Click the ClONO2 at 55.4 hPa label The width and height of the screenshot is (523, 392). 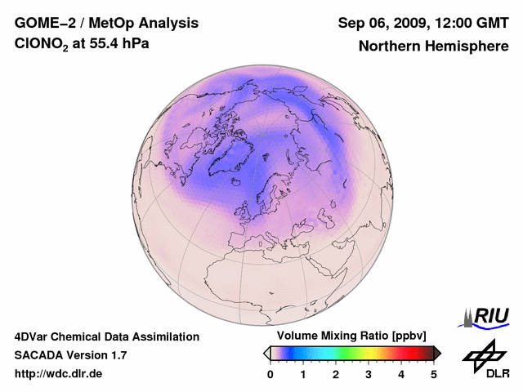[82, 44]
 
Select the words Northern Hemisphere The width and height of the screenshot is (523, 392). [433, 46]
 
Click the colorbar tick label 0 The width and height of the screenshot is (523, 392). [270, 374]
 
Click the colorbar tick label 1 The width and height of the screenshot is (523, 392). [303, 374]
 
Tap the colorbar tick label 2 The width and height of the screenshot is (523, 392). [336, 374]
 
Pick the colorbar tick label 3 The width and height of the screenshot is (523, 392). [369, 374]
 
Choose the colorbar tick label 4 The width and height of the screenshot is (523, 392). [401, 374]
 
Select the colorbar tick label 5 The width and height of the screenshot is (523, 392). [434, 374]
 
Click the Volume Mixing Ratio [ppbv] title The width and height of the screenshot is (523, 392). [352, 336]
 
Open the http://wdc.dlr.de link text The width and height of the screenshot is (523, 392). [59, 374]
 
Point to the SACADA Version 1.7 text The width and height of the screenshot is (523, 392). [70, 355]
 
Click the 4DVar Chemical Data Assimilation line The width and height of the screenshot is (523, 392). [106, 336]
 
